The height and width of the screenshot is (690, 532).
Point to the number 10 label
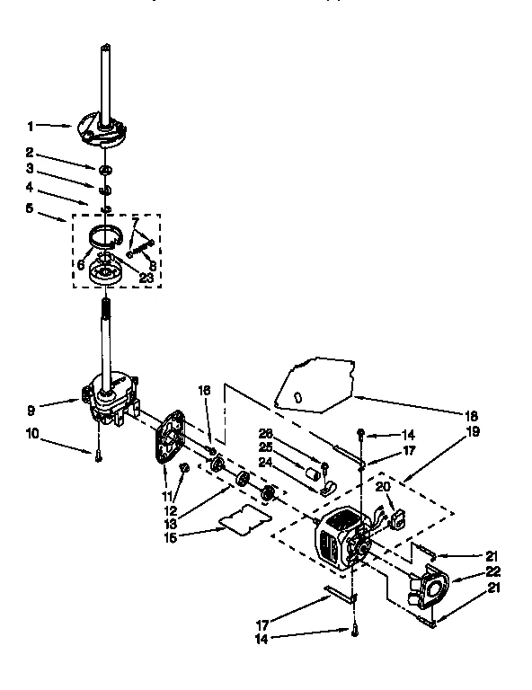32,434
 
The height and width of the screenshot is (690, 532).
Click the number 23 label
145,279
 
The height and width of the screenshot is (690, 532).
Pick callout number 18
472,416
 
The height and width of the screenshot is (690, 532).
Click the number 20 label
383,486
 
